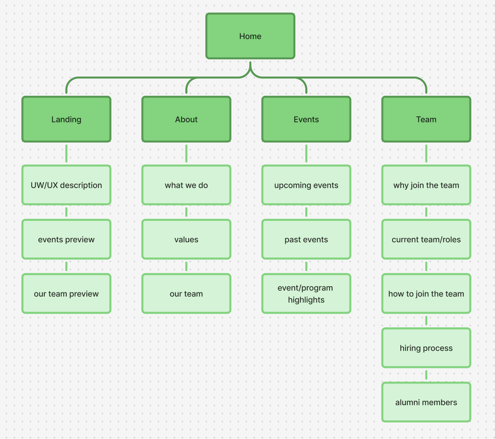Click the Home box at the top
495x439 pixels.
click(250, 36)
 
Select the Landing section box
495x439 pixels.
click(66, 119)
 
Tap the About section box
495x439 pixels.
click(186, 119)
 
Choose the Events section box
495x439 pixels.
click(306, 119)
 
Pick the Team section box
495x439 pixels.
click(426, 119)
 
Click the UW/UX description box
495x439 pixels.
click(66, 185)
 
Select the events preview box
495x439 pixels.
click(66, 239)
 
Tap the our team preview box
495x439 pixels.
click(66, 294)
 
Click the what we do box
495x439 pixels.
click(186, 185)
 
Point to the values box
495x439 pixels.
click(186, 239)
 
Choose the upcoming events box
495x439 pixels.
click(306, 185)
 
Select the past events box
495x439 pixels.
click(306, 239)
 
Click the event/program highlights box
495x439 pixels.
click(306, 294)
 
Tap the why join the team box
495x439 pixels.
click(426, 185)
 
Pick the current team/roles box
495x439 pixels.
click(426, 239)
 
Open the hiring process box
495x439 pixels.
click(426, 348)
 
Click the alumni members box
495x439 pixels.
click(426, 402)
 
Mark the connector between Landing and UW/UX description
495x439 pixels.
click(66, 154)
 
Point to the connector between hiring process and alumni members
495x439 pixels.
click(426, 375)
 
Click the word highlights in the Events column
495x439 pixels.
click(306, 300)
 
